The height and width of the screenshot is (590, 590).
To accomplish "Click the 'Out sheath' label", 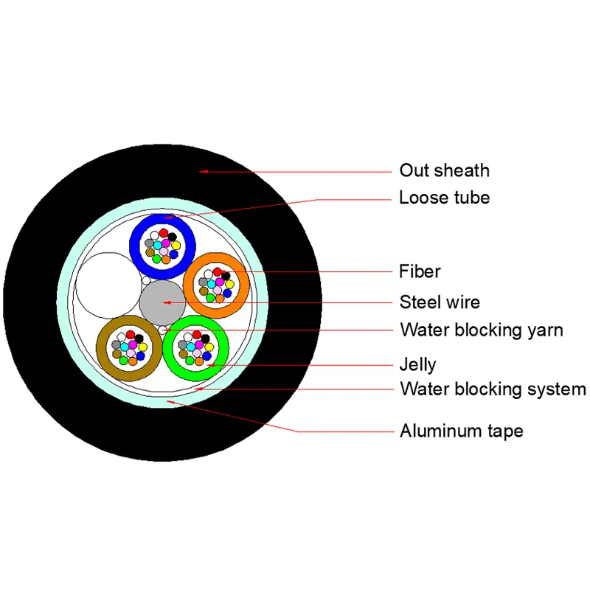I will [444, 170].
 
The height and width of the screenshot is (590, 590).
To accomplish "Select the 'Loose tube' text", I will [444, 198].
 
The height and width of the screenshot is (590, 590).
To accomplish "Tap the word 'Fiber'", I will [420, 271].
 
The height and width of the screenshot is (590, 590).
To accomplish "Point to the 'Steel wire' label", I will [440, 302].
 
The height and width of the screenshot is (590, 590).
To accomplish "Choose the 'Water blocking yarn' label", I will [481, 330].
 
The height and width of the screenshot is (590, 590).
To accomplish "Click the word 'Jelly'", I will [417, 364].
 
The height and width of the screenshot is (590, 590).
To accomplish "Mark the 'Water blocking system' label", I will [493, 389].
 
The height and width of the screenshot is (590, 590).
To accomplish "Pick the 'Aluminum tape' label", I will [461, 431].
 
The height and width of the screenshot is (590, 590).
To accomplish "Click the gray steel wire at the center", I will [162, 302].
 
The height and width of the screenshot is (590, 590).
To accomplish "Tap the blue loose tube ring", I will [140, 243].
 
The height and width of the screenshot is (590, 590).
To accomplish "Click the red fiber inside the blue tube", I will [163, 233].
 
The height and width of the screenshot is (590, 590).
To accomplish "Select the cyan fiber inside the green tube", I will [190, 346].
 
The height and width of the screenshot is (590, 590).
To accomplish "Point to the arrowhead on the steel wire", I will [168, 302].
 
